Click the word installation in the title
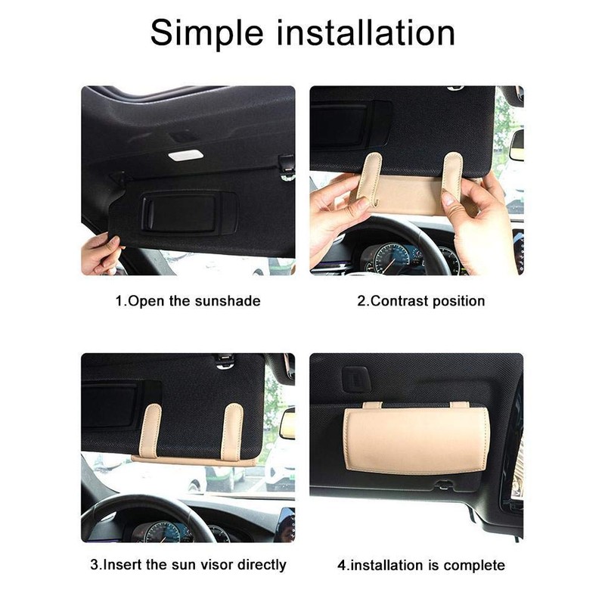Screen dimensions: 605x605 click(x=371, y=34)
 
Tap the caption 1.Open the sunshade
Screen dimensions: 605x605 click(x=188, y=300)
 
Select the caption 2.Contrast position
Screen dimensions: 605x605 click(x=420, y=300)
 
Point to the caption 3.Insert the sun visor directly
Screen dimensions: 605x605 click(x=188, y=564)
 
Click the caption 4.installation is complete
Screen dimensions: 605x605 click(x=420, y=564)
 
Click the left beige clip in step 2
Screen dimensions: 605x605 click(x=371, y=178)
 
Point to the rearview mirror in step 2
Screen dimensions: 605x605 click(x=517, y=144)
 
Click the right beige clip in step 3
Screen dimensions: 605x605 click(x=234, y=431)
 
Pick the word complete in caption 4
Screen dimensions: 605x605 click(x=473, y=564)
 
